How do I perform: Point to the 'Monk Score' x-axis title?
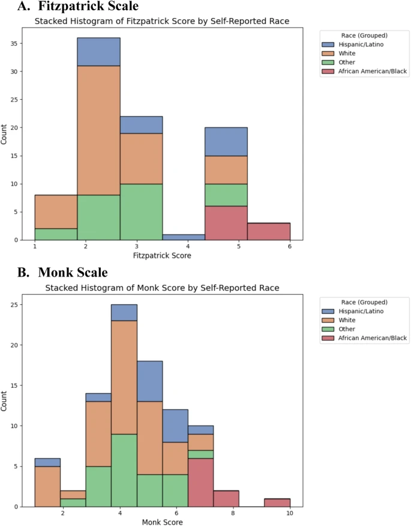pos(163,523)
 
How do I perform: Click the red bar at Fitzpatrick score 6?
pos(269,231)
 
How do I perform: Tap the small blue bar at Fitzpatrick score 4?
pos(184,237)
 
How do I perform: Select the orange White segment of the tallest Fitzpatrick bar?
pos(98,130)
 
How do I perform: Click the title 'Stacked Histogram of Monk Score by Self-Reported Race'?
pos(162,289)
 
